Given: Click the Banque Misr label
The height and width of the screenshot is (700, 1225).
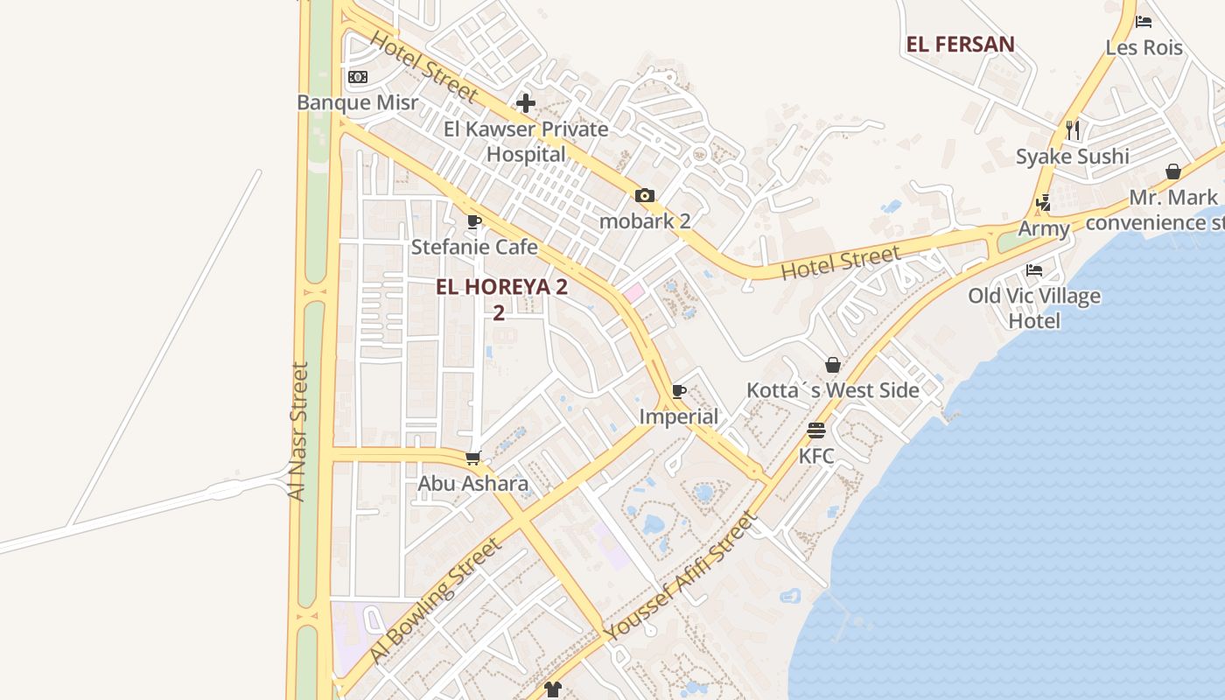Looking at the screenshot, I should [x=357, y=102].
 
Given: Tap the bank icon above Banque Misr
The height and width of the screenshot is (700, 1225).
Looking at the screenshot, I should [x=357, y=77].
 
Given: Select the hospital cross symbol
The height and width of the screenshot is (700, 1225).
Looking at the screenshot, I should [x=526, y=103].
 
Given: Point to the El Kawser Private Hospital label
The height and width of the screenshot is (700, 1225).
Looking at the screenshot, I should [x=526, y=142].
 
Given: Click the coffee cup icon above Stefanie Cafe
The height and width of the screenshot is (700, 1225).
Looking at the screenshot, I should [x=474, y=221].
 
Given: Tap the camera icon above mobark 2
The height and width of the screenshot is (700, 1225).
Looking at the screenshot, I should [x=645, y=195].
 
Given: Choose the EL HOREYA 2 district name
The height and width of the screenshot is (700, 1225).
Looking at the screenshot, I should [x=501, y=287].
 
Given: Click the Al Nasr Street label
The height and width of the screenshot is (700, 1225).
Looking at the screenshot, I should [x=298, y=432].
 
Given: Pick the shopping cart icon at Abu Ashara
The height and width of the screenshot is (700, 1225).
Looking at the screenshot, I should [x=473, y=458].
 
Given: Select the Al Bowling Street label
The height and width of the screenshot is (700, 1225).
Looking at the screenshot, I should [x=436, y=600].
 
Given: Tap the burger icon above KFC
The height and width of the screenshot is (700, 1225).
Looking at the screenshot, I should [x=816, y=430].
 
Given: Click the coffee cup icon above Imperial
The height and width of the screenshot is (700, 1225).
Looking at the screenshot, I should [x=679, y=391].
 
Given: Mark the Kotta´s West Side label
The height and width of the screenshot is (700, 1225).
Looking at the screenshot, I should [x=832, y=390].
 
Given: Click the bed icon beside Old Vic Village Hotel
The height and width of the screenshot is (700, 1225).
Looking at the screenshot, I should [x=1034, y=269].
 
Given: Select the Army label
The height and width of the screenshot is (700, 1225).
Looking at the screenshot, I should [x=1044, y=229].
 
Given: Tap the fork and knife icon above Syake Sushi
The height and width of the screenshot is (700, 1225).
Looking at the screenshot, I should [x=1073, y=130].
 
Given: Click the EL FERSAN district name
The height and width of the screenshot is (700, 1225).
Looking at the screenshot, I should [x=961, y=45].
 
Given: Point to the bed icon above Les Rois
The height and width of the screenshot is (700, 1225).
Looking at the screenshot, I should [x=1144, y=22].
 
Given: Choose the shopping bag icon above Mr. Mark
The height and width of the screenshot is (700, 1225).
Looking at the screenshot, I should [x=1173, y=171].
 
